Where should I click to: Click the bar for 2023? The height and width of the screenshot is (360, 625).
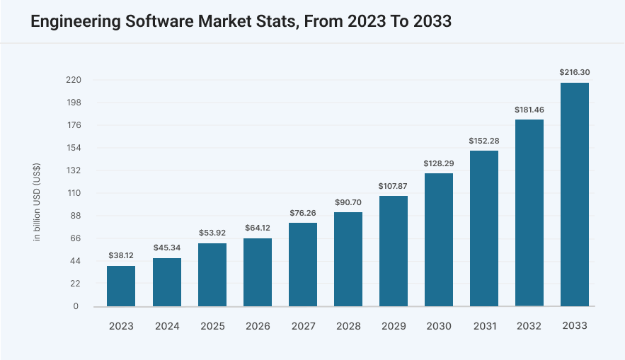click(121, 286)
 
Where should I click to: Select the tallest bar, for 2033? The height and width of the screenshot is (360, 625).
click(574, 194)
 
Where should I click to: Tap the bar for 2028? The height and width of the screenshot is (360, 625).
click(348, 259)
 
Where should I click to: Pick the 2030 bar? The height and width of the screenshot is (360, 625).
click(438, 240)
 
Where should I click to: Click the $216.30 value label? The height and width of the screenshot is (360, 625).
click(574, 72)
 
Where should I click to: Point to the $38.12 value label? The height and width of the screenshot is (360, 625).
click(121, 255)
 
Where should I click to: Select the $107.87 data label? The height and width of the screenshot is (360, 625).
click(393, 186)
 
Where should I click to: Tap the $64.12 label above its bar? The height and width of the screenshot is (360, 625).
click(257, 228)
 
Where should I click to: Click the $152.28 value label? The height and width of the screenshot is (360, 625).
click(483, 141)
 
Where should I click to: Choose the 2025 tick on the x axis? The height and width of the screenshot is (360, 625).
click(212, 326)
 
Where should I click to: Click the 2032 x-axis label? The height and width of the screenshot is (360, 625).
click(529, 326)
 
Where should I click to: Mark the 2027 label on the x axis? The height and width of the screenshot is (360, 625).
click(302, 326)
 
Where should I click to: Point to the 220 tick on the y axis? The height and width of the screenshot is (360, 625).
click(74, 80)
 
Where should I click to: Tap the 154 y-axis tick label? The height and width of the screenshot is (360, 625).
click(74, 148)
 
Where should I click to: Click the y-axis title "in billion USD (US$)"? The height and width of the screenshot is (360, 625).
click(37, 202)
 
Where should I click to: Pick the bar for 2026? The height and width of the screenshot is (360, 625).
click(257, 272)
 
